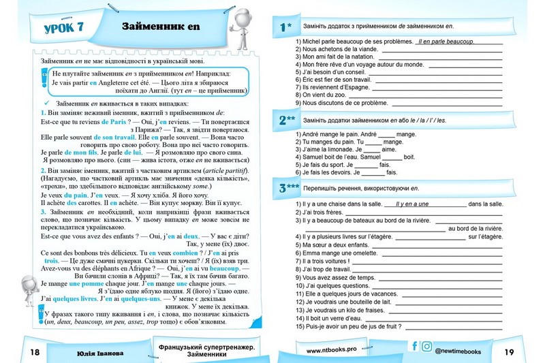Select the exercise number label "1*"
pos(285,27)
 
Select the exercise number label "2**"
pos(287,121)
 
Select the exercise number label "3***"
pos(289,188)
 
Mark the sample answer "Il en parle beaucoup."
pos(446,42)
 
